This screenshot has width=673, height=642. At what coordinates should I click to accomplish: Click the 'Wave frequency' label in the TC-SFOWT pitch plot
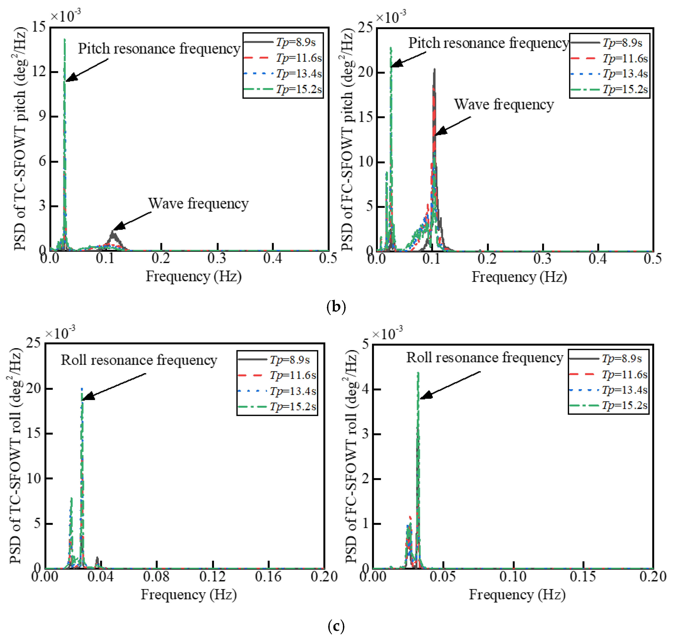[198, 204]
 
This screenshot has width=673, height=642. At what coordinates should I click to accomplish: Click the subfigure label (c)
[336, 626]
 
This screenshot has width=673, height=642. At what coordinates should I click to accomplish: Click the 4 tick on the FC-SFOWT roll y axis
[366, 389]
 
